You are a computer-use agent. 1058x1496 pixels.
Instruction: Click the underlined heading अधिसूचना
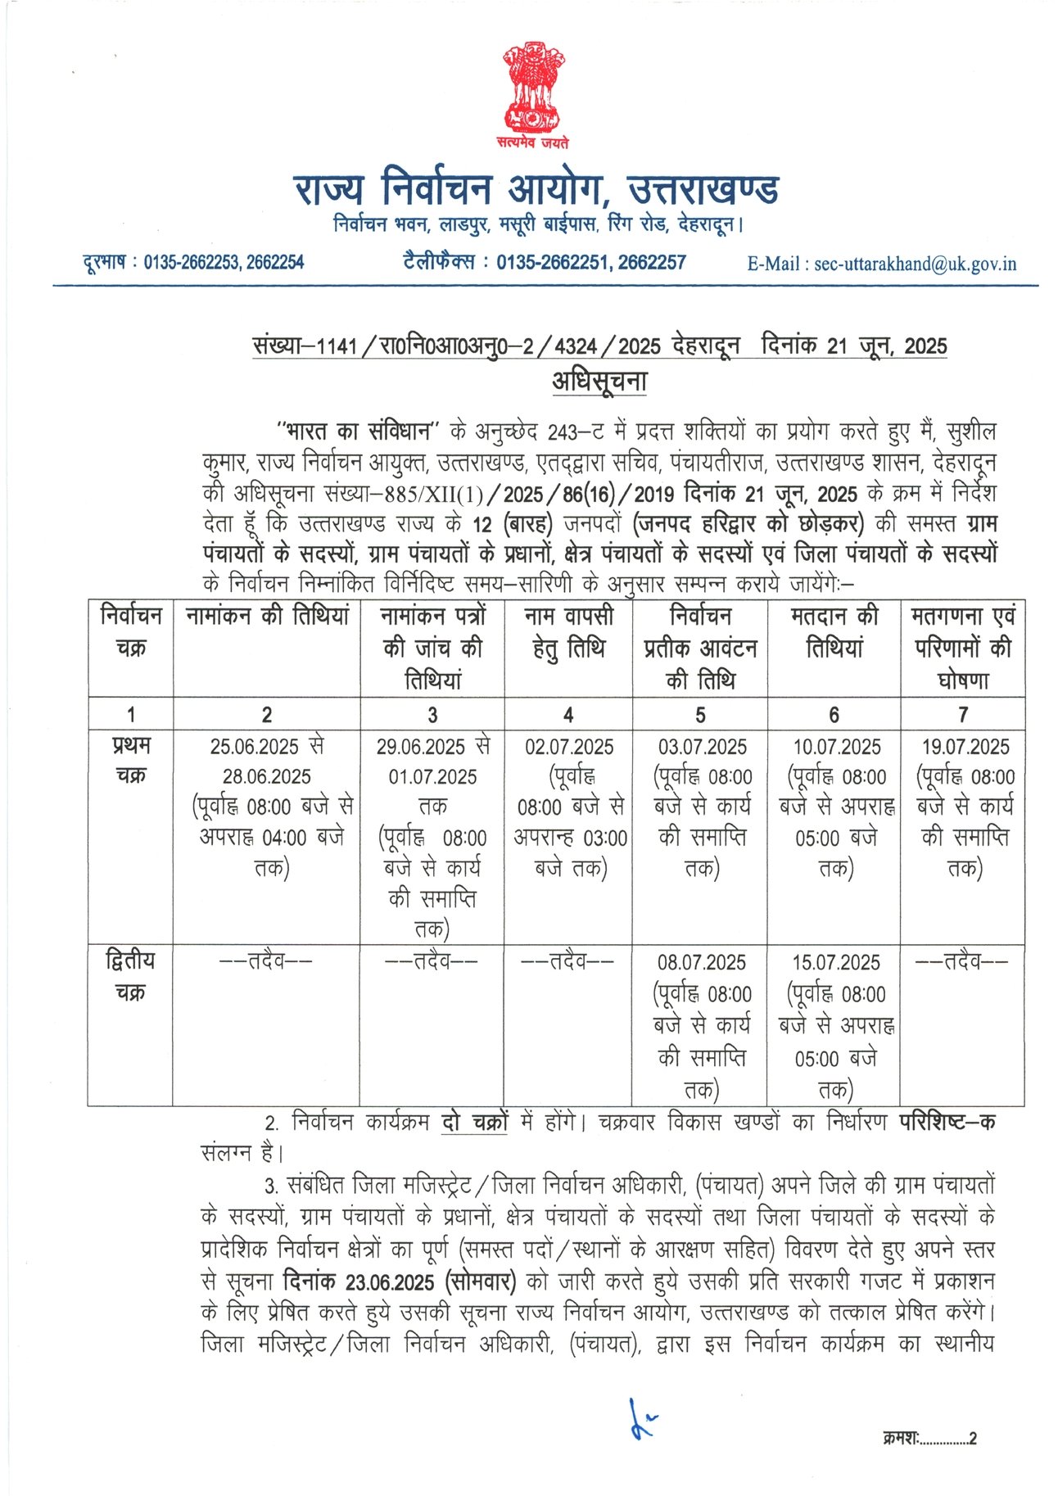[x=599, y=382]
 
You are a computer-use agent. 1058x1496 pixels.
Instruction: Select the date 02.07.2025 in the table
[x=569, y=747]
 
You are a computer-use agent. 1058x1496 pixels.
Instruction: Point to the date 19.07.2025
[x=965, y=747]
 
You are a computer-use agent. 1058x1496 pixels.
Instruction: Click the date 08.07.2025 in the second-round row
[x=701, y=962]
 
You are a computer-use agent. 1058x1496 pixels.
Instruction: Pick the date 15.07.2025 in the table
[x=835, y=962]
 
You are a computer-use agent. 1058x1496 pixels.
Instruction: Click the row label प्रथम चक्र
[x=131, y=760]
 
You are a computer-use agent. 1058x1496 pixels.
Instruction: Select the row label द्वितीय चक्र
[x=130, y=975]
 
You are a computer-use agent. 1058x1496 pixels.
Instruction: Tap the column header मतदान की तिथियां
[x=834, y=631]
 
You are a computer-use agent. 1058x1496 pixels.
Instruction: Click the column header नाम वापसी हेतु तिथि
[x=568, y=631]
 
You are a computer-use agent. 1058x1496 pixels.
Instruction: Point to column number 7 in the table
[x=963, y=715]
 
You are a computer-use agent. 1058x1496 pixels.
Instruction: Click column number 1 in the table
[x=131, y=715]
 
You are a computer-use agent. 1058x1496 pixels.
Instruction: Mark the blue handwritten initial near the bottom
[x=640, y=1420]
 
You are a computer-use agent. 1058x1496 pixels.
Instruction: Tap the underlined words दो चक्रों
[x=474, y=1122]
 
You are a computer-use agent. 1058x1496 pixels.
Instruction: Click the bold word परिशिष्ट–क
[x=947, y=1122]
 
